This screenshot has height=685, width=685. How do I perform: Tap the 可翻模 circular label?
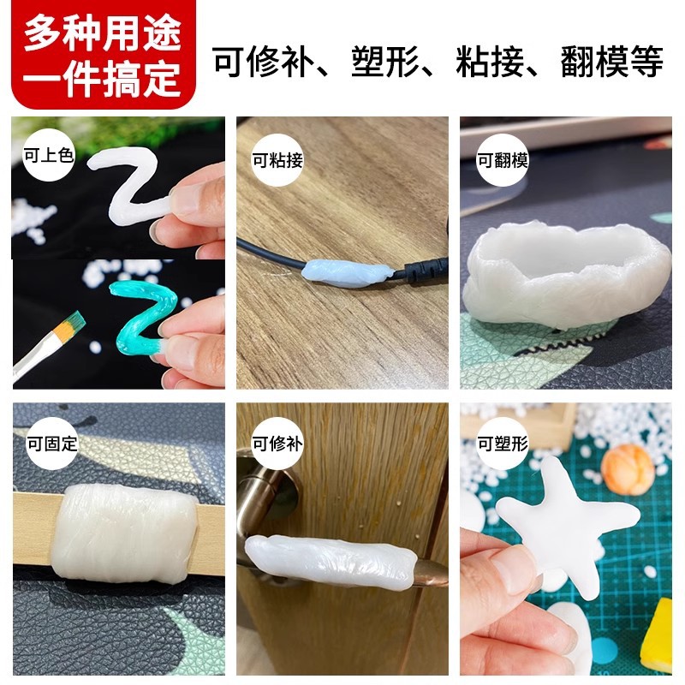coord(502,159)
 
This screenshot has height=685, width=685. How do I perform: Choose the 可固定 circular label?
coord(47,444)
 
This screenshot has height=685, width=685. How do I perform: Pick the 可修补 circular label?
coord(277,444)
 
